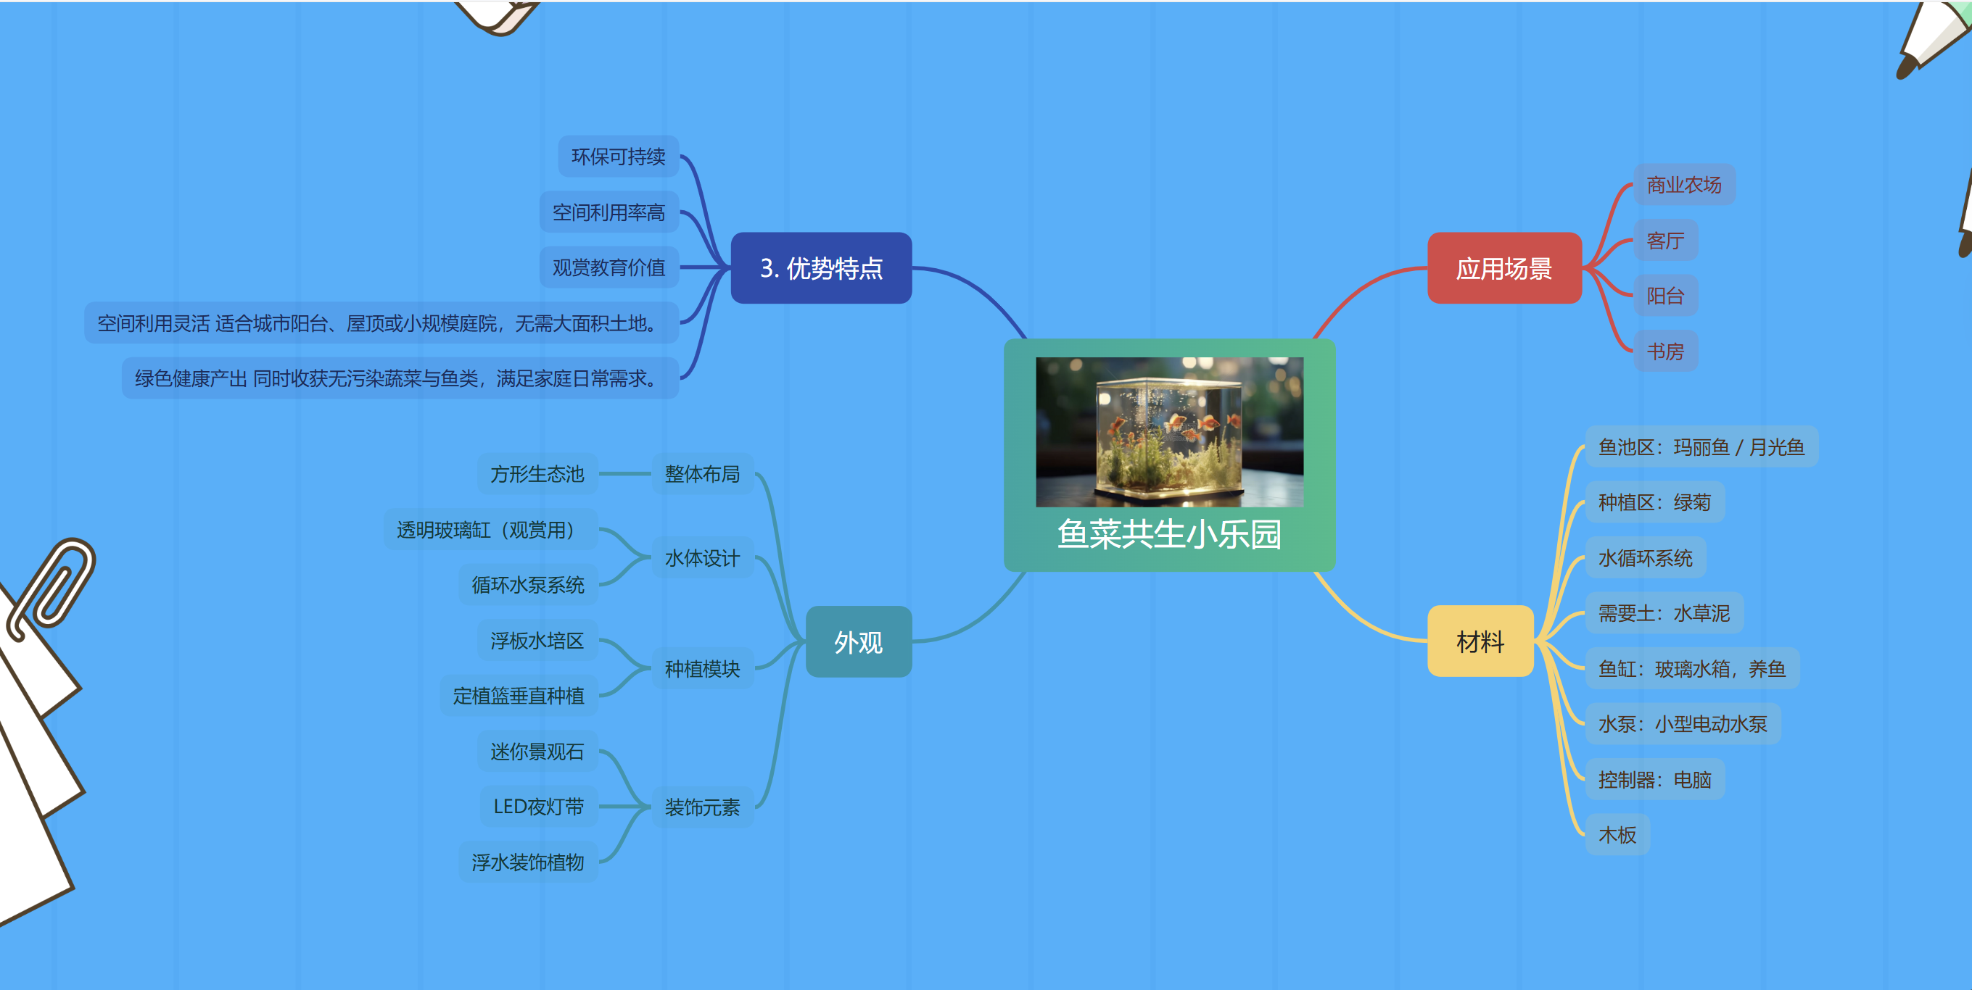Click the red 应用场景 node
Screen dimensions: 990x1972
coord(1503,269)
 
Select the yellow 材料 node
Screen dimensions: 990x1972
coord(1480,641)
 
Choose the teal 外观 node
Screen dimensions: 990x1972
coord(858,642)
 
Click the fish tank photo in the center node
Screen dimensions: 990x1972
coord(1169,431)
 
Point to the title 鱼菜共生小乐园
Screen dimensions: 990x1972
coord(1169,534)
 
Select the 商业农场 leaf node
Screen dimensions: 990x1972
coord(1683,185)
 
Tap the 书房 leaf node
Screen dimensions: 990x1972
coord(1665,352)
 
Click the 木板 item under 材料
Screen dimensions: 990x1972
coord(1617,835)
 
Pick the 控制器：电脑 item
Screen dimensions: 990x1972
coord(1654,780)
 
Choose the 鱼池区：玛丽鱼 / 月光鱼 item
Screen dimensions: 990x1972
coord(1701,446)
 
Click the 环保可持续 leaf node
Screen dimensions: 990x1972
coord(618,157)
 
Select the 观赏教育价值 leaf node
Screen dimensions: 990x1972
coord(608,267)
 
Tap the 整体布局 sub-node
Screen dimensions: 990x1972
coord(702,474)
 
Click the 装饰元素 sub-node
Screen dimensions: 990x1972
coord(702,807)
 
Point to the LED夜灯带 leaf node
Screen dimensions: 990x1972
coord(538,807)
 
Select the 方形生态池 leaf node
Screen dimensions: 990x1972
coord(537,474)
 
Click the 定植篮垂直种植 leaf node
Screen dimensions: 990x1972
coord(519,696)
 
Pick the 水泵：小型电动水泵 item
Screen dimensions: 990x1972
coord(1682,724)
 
